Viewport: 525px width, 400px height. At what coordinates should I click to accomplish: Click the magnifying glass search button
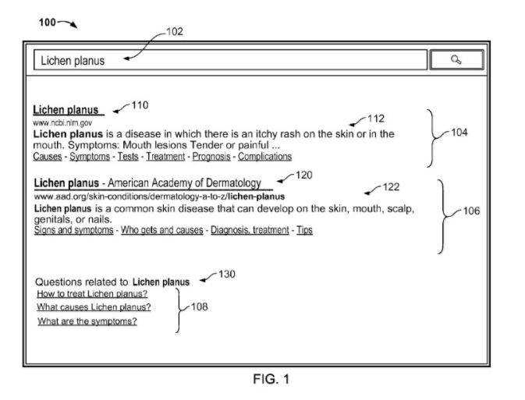pyautogui.click(x=456, y=60)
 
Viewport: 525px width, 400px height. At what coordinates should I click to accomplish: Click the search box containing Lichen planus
pyautogui.click(x=230, y=60)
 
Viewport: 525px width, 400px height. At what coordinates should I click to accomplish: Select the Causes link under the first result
pyautogui.click(x=48, y=157)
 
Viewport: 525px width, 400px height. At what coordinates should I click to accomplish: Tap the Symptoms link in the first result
pyautogui.click(x=90, y=157)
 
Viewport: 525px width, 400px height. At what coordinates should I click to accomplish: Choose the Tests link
pyautogui.click(x=128, y=157)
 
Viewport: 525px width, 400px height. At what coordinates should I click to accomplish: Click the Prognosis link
pyautogui.click(x=211, y=157)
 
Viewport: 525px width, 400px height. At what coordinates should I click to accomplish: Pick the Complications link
pyautogui.click(x=265, y=157)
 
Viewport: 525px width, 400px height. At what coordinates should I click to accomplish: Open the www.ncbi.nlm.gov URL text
pyautogui.click(x=62, y=123)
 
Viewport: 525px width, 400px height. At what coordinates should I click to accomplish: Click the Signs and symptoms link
pyautogui.click(x=73, y=230)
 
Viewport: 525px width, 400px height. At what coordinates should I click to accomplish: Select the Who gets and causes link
pyautogui.click(x=162, y=230)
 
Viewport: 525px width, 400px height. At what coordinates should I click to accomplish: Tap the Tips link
pyautogui.click(x=304, y=230)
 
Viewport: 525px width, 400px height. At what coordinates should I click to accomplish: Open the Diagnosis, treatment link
pyautogui.click(x=250, y=230)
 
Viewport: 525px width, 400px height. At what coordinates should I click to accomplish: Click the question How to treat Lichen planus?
pyautogui.click(x=92, y=294)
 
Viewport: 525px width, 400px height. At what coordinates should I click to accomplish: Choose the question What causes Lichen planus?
pyautogui.click(x=94, y=307)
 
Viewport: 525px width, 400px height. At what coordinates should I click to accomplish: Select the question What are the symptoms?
pyautogui.click(x=87, y=321)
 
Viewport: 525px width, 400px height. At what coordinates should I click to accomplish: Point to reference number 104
pyautogui.click(x=459, y=133)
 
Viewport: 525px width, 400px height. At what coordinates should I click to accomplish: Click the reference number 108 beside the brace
pyautogui.click(x=199, y=306)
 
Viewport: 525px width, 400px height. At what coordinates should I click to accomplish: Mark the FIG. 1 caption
pyautogui.click(x=271, y=379)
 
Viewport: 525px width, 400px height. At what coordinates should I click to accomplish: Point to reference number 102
pyautogui.click(x=175, y=32)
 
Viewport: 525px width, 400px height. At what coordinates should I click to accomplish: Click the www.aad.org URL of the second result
pyautogui.click(x=159, y=196)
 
